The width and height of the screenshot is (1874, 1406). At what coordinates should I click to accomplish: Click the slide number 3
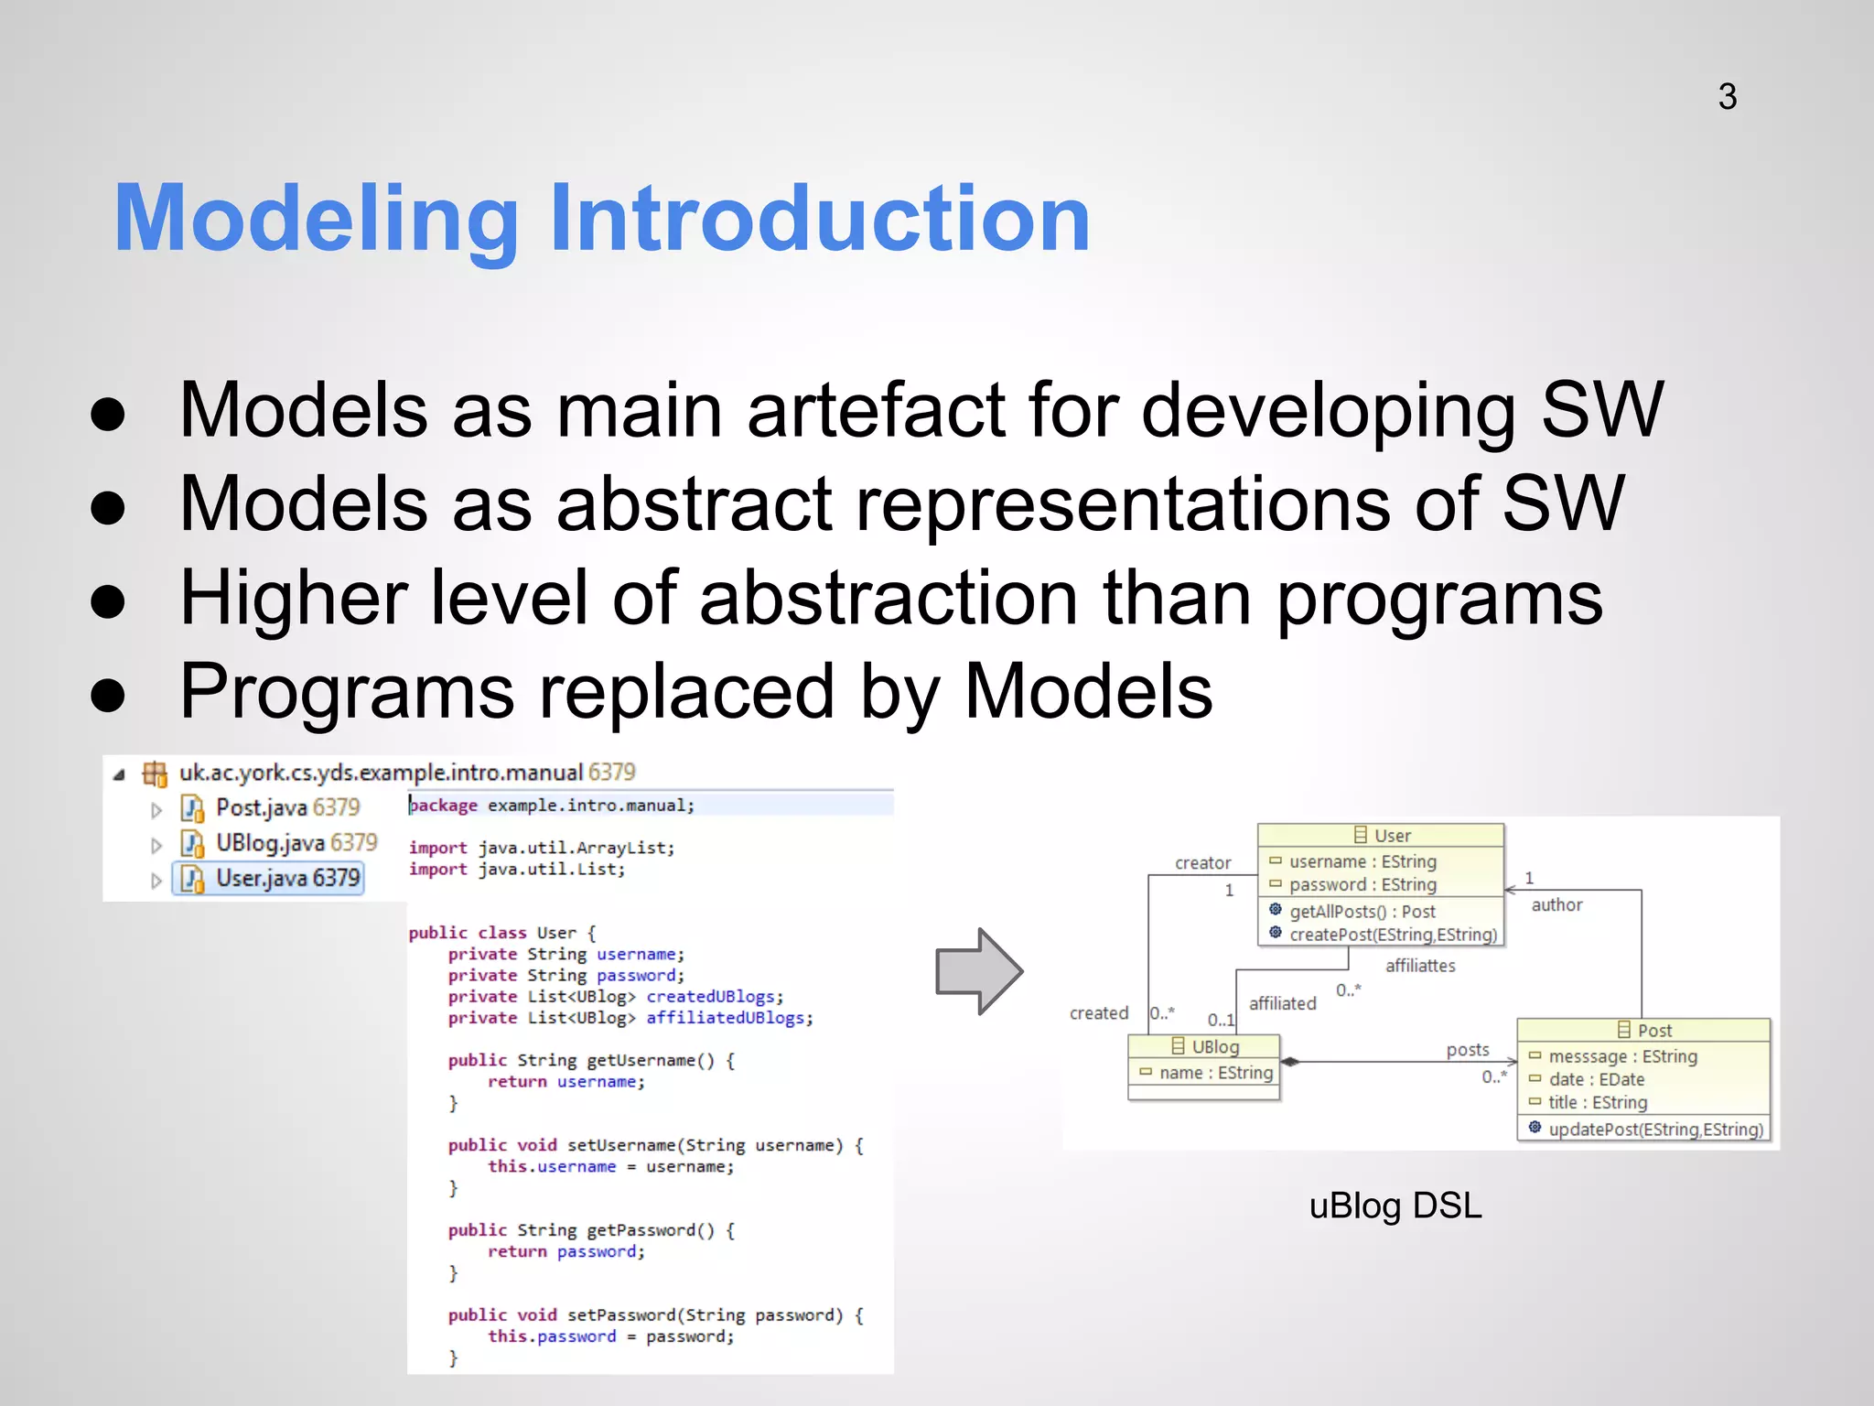tap(1727, 96)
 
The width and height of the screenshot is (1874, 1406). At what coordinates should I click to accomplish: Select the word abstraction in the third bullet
tap(889, 598)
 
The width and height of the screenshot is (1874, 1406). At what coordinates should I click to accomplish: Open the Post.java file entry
tap(286, 807)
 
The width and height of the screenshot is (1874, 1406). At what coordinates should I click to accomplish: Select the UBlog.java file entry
tap(295, 842)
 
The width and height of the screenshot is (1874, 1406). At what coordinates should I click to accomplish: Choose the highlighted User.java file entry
tap(286, 878)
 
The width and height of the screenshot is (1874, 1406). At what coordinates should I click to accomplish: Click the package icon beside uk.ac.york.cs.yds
tap(155, 774)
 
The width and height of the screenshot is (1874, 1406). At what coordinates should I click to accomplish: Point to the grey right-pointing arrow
tap(978, 971)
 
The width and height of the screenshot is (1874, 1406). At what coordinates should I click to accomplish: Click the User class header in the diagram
tap(1382, 835)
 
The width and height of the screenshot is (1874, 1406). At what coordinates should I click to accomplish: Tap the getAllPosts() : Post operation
tap(1362, 911)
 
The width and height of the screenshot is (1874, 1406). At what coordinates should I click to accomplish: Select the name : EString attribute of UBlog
tap(1215, 1072)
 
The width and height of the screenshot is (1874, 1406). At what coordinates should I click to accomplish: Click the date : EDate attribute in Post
tap(1596, 1079)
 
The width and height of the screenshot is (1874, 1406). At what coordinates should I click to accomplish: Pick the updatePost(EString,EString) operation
tap(1654, 1129)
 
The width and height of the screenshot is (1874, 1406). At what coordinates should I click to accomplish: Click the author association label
tap(1556, 904)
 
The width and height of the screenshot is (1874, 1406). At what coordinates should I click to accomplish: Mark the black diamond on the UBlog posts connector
tap(1290, 1062)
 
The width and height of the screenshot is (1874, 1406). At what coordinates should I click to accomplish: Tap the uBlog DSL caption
tap(1395, 1206)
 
